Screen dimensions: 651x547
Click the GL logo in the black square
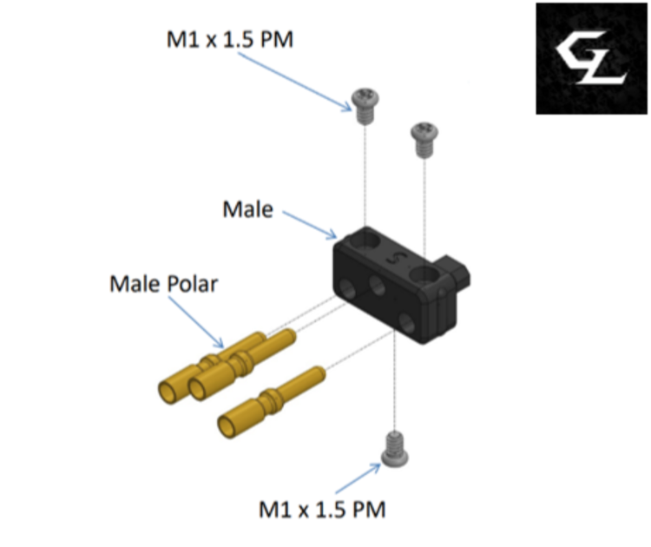click(x=591, y=58)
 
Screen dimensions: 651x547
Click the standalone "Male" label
click(x=248, y=209)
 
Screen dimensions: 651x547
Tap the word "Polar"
click(x=192, y=284)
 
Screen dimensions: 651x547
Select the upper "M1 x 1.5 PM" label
click(x=230, y=39)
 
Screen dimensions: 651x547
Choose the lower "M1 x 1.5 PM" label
click(x=322, y=509)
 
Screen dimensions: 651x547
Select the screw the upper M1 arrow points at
click(x=365, y=106)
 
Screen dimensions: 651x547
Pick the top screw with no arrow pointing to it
click(x=424, y=140)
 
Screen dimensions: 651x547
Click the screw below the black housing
click(x=394, y=450)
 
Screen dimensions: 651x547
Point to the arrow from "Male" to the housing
click(x=310, y=225)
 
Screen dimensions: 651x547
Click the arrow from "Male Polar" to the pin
click(x=196, y=322)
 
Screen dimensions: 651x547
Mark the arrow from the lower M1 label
click(x=358, y=478)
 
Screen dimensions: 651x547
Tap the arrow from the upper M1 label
click(x=295, y=82)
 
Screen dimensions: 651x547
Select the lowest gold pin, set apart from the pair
click(x=272, y=402)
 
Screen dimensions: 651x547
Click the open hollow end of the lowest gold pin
click(x=227, y=427)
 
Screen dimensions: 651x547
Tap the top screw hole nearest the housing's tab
click(x=424, y=275)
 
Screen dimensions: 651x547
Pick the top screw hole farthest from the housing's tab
click(x=366, y=241)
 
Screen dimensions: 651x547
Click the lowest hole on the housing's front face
click(x=406, y=323)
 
